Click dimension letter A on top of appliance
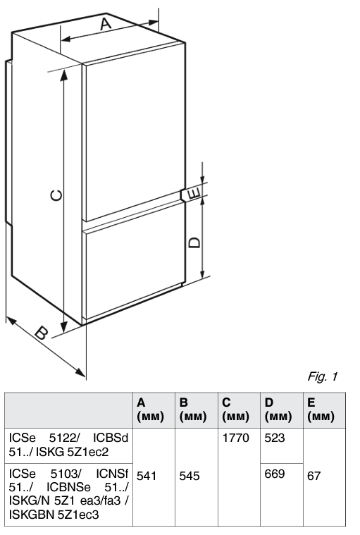point(106,24)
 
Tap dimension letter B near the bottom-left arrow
point(42,333)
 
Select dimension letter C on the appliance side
point(56,195)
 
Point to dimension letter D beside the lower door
point(194,242)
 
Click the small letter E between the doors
point(193,193)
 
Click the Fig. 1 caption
point(323,376)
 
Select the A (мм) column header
point(150,410)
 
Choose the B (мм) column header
point(192,410)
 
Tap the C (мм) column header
point(235,410)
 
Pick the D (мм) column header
point(278,410)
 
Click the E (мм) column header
point(321,410)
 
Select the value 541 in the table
point(147,476)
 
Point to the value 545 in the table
point(190,476)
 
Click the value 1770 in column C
point(235,438)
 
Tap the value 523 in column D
point(275,438)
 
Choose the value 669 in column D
point(275,474)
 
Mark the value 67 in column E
point(314,476)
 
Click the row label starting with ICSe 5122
point(68,445)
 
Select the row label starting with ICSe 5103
point(68,493)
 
